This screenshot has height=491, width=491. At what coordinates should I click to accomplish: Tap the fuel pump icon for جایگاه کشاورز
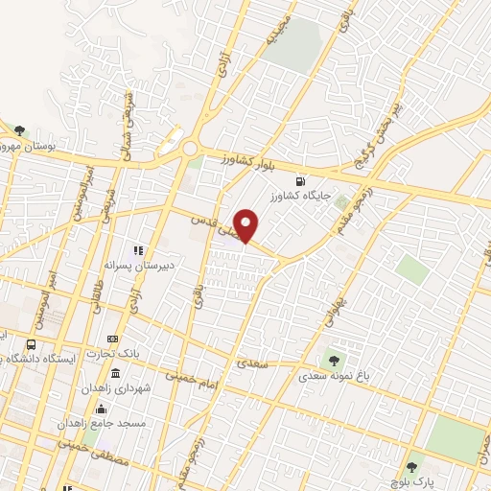point(303,181)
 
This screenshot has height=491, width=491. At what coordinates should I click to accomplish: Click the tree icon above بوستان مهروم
point(20,130)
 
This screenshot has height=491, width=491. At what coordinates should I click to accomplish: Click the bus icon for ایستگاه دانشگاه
point(32,344)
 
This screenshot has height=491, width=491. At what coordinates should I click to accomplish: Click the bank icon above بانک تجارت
point(113,339)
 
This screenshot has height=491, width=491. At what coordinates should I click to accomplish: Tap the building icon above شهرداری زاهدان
point(116,373)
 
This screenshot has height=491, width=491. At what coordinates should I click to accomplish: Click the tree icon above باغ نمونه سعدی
point(334,360)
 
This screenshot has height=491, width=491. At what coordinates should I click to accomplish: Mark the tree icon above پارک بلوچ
point(411,467)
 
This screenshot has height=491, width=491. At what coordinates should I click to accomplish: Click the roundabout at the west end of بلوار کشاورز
point(190,149)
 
